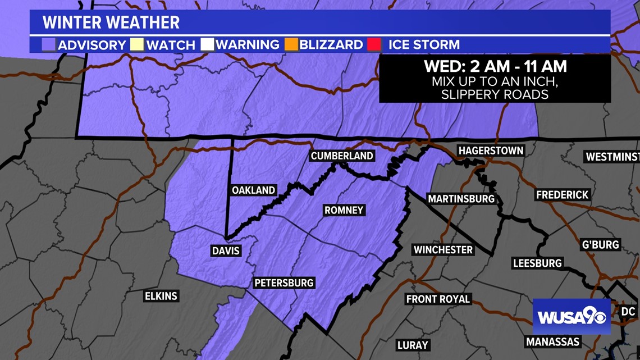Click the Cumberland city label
click(x=342, y=156)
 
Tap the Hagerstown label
click(x=491, y=151)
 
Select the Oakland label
click(x=253, y=190)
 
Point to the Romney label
click(x=344, y=211)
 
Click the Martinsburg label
click(x=461, y=199)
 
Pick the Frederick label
click(x=562, y=195)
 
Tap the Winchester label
click(x=443, y=249)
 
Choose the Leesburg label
click(x=537, y=263)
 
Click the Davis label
click(x=226, y=250)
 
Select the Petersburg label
click(x=284, y=282)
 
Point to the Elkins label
click(x=161, y=296)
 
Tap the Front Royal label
click(x=438, y=299)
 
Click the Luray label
click(x=412, y=344)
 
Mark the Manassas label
click(x=552, y=341)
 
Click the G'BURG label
click(x=600, y=244)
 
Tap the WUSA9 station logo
click(x=571, y=317)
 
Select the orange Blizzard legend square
click(x=291, y=44)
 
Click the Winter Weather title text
click(x=111, y=22)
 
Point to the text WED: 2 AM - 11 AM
click(x=495, y=66)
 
